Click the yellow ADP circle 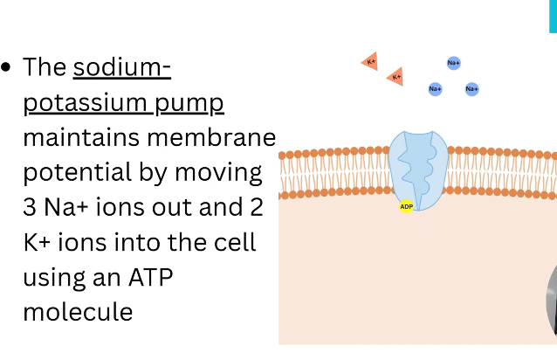tap(406, 206)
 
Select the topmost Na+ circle tap(453, 63)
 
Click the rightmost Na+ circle tap(471, 88)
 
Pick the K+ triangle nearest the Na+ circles tap(395, 77)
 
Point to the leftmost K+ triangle tap(370, 61)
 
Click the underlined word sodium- tap(122, 67)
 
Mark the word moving tap(219, 172)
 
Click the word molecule tap(78, 311)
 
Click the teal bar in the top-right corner tap(553, 16)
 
